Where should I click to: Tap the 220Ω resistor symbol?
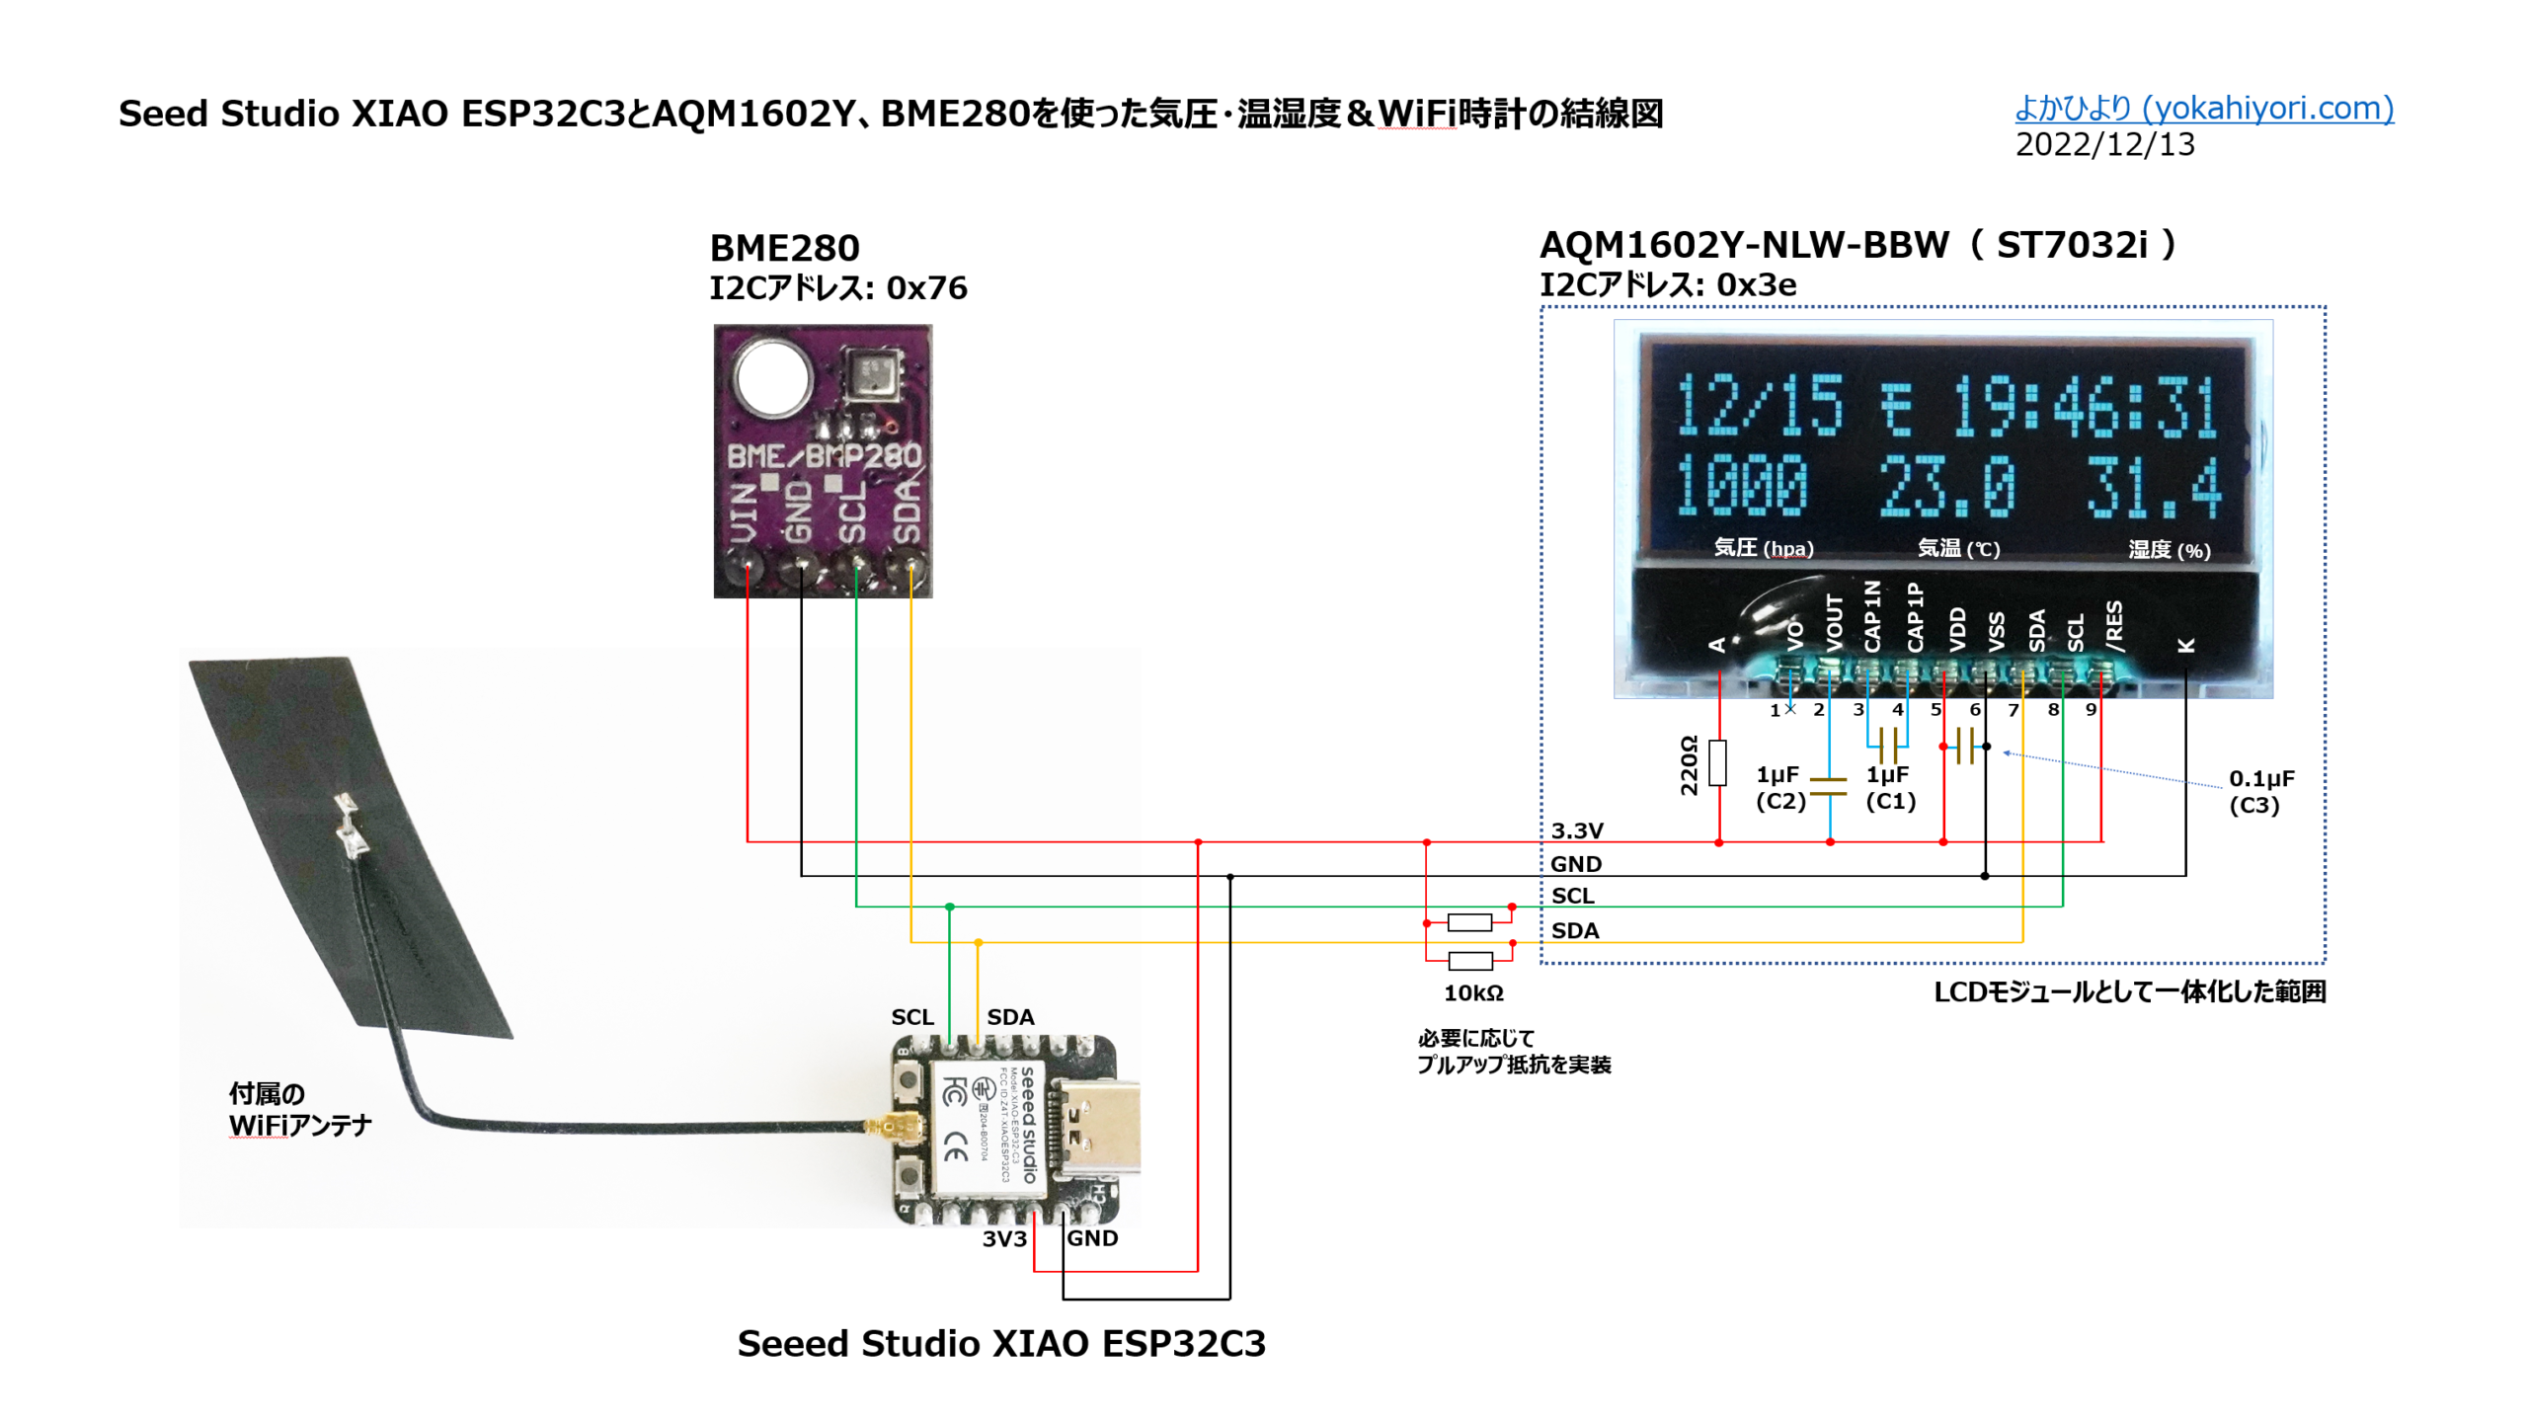1718,762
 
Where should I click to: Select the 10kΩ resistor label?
1473,992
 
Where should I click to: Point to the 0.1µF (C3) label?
2260,791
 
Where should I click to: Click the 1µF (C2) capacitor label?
1779,787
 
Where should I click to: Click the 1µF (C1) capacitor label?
1889,787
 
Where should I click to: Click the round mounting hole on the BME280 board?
772,376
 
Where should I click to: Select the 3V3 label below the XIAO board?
1003,1238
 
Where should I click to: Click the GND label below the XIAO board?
1091,1238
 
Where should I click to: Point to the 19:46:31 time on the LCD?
2084,406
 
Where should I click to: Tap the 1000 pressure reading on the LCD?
1741,486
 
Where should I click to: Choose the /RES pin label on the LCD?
2113,625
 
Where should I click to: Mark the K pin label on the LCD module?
2186,645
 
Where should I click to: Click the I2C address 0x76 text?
837,287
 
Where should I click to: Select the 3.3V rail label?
1576,830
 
